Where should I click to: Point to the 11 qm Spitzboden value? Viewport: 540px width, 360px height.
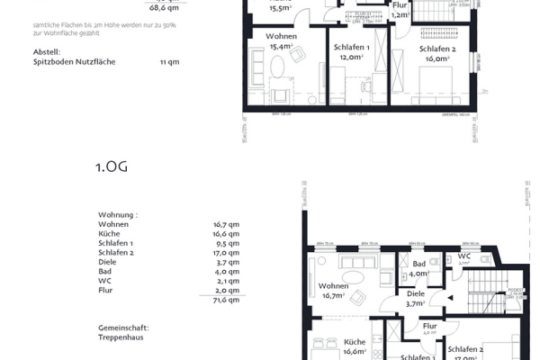(168, 63)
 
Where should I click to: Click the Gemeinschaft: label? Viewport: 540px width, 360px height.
(123, 328)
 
